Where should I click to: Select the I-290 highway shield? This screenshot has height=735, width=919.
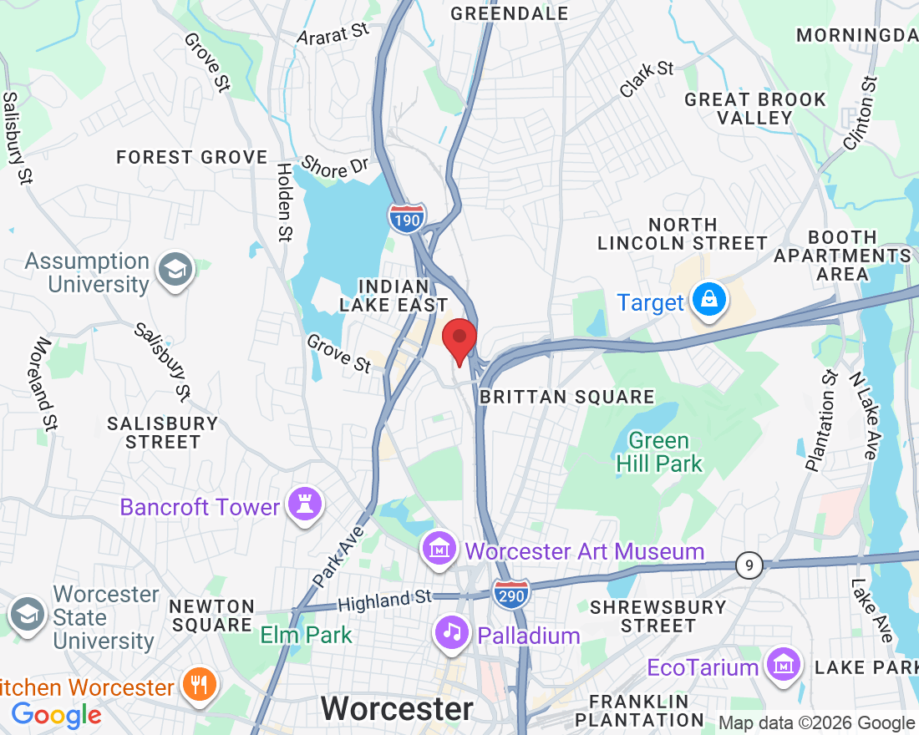pyautogui.click(x=510, y=594)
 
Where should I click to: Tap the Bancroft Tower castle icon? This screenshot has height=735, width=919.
pyautogui.click(x=304, y=505)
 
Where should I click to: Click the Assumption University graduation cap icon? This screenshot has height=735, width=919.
pyautogui.click(x=176, y=271)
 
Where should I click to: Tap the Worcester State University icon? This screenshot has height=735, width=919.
pyautogui.click(x=27, y=617)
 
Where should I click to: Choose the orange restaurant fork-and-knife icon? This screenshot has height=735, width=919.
pyautogui.click(x=199, y=686)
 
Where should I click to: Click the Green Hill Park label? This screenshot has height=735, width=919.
pyautogui.click(x=659, y=452)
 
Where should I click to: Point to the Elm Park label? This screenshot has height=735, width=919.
pyautogui.click(x=306, y=635)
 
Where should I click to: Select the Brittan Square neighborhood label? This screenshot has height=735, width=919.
pyautogui.click(x=566, y=397)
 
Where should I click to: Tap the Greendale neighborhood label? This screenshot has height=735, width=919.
pyautogui.click(x=509, y=13)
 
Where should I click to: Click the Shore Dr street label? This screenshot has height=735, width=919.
pyautogui.click(x=335, y=166)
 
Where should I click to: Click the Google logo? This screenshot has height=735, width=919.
pyautogui.click(x=56, y=715)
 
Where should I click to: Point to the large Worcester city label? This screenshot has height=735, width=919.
pyautogui.click(x=397, y=709)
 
